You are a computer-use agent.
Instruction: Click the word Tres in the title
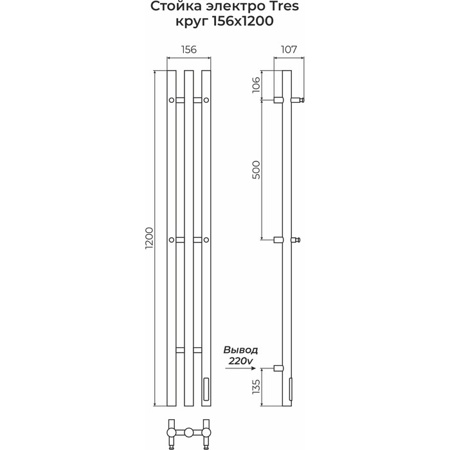(x=282, y=6)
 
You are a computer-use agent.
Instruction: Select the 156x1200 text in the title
(x=242, y=21)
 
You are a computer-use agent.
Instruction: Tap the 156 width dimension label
(x=189, y=50)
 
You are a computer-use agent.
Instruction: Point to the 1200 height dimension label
(x=149, y=239)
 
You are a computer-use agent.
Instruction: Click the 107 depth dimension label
(x=289, y=50)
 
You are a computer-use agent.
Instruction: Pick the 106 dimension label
(x=256, y=85)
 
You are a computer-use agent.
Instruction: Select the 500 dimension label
(x=256, y=170)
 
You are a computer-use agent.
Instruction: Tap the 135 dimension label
(x=256, y=386)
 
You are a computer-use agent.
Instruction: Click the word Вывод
(x=241, y=350)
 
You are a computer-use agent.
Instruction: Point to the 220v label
(x=241, y=361)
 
